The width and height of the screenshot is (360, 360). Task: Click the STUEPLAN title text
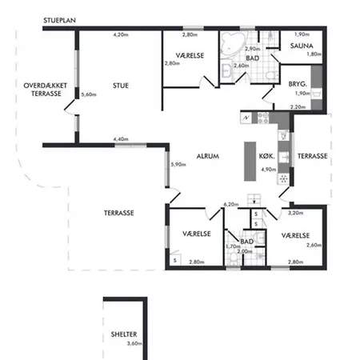point(59,20)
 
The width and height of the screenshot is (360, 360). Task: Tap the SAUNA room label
point(302,46)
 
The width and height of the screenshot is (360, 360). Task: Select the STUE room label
point(121,86)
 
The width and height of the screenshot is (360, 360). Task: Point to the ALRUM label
point(208,156)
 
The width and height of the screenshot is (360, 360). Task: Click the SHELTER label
point(124,334)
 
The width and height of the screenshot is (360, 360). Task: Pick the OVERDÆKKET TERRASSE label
point(46,90)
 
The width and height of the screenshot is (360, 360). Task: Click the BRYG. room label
point(298,84)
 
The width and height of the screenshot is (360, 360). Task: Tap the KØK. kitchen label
point(266,156)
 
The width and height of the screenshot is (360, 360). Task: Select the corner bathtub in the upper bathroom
point(231,44)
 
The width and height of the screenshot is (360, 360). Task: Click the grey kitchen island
point(250,162)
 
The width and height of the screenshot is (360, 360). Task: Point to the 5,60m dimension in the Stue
point(89,94)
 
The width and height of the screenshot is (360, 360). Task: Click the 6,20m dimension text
point(231,205)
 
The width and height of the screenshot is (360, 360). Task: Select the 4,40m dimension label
point(121,139)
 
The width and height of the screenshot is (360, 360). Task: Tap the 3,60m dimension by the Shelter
point(134,343)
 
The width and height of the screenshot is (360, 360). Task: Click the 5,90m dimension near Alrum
point(178,165)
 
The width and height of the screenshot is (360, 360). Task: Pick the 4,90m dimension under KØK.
point(269,170)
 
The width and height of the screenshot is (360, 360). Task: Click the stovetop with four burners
point(262,118)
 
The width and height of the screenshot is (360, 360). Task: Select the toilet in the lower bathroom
point(234,258)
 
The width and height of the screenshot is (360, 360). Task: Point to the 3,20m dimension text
point(295,213)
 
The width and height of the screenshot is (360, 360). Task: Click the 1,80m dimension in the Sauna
point(314,54)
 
